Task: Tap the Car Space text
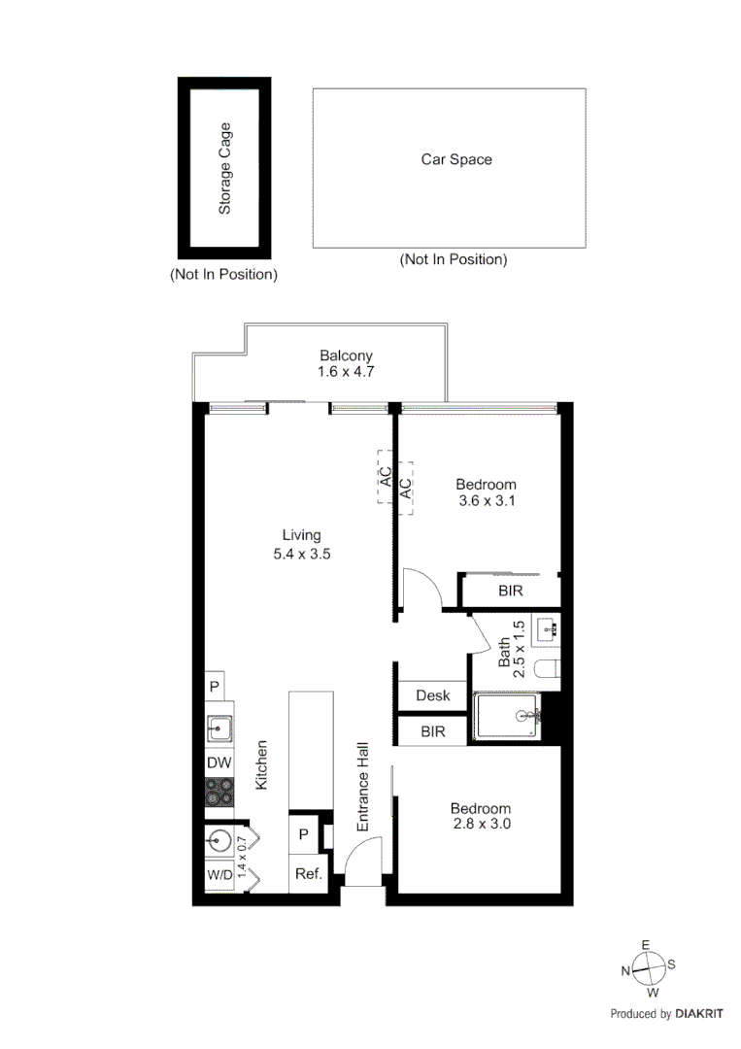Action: pos(455,159)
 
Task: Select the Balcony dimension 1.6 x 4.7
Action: pos(346,372)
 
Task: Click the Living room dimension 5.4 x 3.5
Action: pos(301,554)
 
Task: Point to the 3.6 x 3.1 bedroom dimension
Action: pos(487,501)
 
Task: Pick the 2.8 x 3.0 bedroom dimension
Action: pos(481,824)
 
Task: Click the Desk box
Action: pos(432,695)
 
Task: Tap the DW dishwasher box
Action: pos(219,763)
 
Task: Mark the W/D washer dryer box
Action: pos(219,874)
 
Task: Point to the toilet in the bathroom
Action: pos(550,669)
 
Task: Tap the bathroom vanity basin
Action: pos(547,627)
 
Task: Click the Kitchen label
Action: pos(260,763)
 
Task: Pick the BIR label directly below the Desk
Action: pos(432,731)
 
